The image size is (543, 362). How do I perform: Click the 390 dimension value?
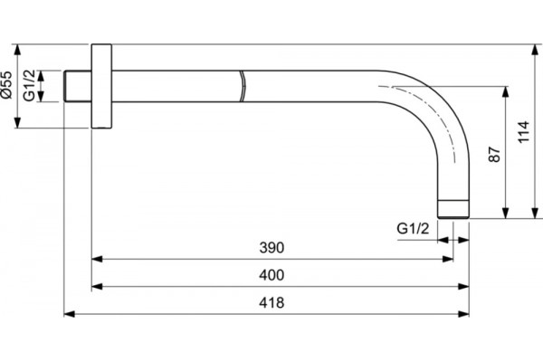pyautogui.click(x=271, y=248)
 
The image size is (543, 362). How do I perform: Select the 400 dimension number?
pyautogui.click(x=271, y=275)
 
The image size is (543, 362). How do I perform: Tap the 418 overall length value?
pyautogui.click(x=271, y=303)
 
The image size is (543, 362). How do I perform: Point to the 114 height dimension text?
pyautogui.click(x=524, y=131)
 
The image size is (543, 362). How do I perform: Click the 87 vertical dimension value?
pyautogui.click(x=494, y=155)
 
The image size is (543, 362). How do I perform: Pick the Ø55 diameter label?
pyautogui.click(x=6, y=84)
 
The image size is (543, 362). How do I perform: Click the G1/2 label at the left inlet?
pyautogui.click(x=30, y=86)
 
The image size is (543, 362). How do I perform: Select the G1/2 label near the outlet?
pyautogui.click(x=413, y=229)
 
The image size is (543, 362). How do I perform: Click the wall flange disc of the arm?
pyautogui.click(x=101, y=86)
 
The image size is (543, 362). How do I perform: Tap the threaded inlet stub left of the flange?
pyautogui.click(x=78, y=86)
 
